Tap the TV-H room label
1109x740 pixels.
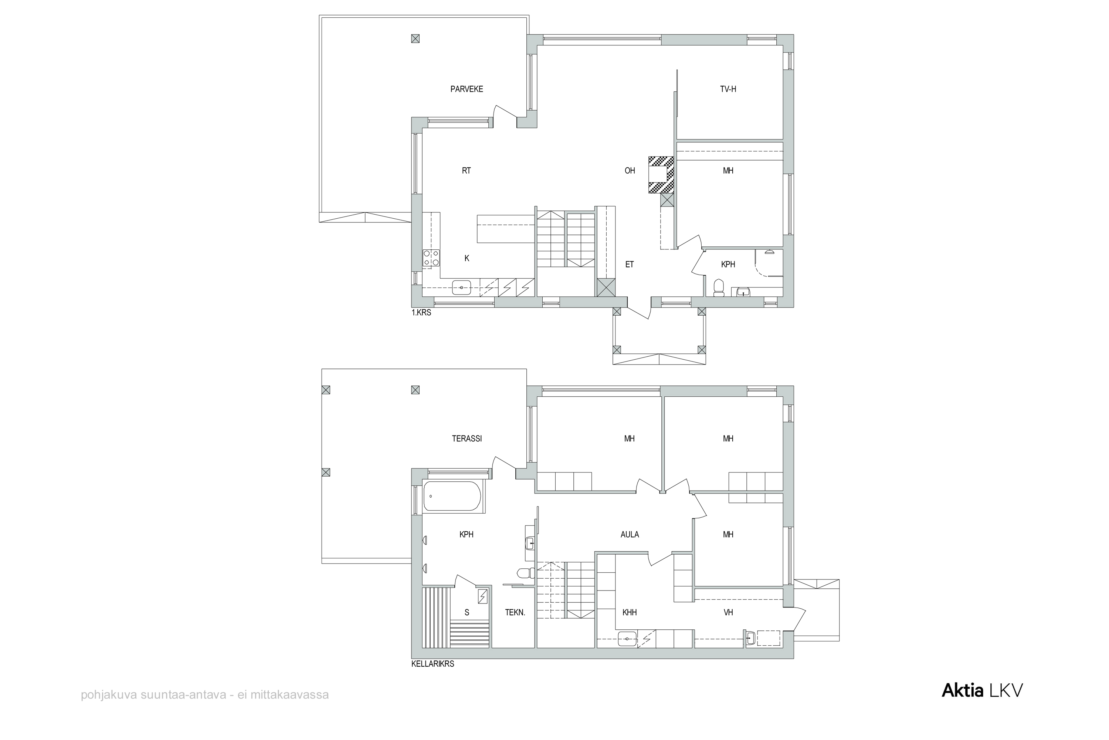pos(728,89)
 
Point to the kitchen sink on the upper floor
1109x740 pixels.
pos(131,287)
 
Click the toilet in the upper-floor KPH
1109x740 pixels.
pos(719,288)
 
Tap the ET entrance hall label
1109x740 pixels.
pos(630,264)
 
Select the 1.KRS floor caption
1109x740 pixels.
pos(421,312)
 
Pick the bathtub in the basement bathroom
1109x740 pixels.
pos(452,496)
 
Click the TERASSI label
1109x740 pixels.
pos(467,438)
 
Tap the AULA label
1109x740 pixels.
pos(630,534)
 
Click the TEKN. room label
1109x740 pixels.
pos(515,612)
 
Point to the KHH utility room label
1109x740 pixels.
pos(630,612)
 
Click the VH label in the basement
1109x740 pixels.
pos(728,612)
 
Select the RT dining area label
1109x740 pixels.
pos(466,170)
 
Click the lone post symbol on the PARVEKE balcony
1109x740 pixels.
pos(415,39)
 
